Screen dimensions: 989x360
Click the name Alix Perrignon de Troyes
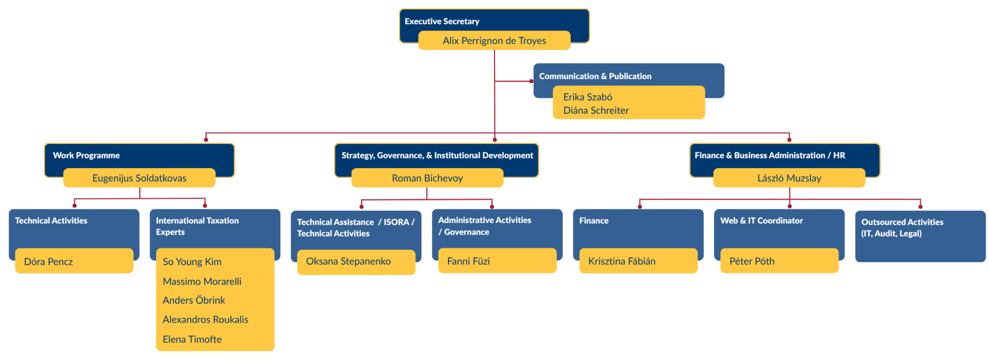pyautogui.click(x=494, y=41)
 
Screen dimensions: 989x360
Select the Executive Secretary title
pyautogui.click(x=442, y=22)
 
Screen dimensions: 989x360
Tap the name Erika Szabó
pyautogui.click(x=587, y=97)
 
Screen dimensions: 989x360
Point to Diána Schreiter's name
pyautogui.click(x=596, y=110)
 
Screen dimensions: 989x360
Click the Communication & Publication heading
pyautogui.click(x=595, y=76)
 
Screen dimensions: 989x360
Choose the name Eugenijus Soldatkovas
pyautogui.click(x=139, y=178)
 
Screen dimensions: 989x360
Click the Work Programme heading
pyautogui.click(x=86, y=156)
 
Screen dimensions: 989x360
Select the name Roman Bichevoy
pyautogui.click(x=427, y=178)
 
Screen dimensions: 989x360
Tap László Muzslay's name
pyautogui.click(x=789, y=178)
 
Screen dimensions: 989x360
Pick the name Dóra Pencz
pyautogui.click(x=48, y=261)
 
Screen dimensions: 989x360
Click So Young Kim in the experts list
pyautogui.click(x=192, y=261)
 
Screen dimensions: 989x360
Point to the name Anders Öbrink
pyautogui.click(x=193, y=300)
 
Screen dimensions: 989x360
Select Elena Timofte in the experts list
pyautogui.click(x=192, y=339)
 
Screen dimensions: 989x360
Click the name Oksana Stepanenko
pyautogui.click(x=348, y=261)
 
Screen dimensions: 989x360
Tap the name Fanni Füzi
pyautogui.click(x=468, y=261)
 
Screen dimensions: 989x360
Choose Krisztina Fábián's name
pyautogui.click(x=621, y=261)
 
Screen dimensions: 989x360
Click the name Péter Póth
pyautogui.click(x=752, y=261)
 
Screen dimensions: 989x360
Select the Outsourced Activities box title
pyautogui.click(x=902, y=227)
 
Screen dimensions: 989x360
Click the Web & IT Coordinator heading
pyautogui.click(x=761, y=221)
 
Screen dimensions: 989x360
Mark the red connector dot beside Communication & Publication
pyautogui.click(x=531, y=81)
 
